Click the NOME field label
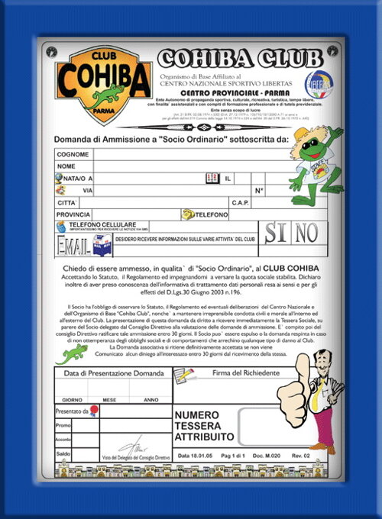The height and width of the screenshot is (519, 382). pos(66,166)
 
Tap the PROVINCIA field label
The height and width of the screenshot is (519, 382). pos(73,214)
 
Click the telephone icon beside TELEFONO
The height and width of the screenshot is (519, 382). pos(187,214)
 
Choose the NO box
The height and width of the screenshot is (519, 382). pos(309,233)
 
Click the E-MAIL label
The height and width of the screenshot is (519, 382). pos(73,245)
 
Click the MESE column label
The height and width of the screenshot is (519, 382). pos(109,399)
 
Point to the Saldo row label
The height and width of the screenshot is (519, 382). pos(63,454)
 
